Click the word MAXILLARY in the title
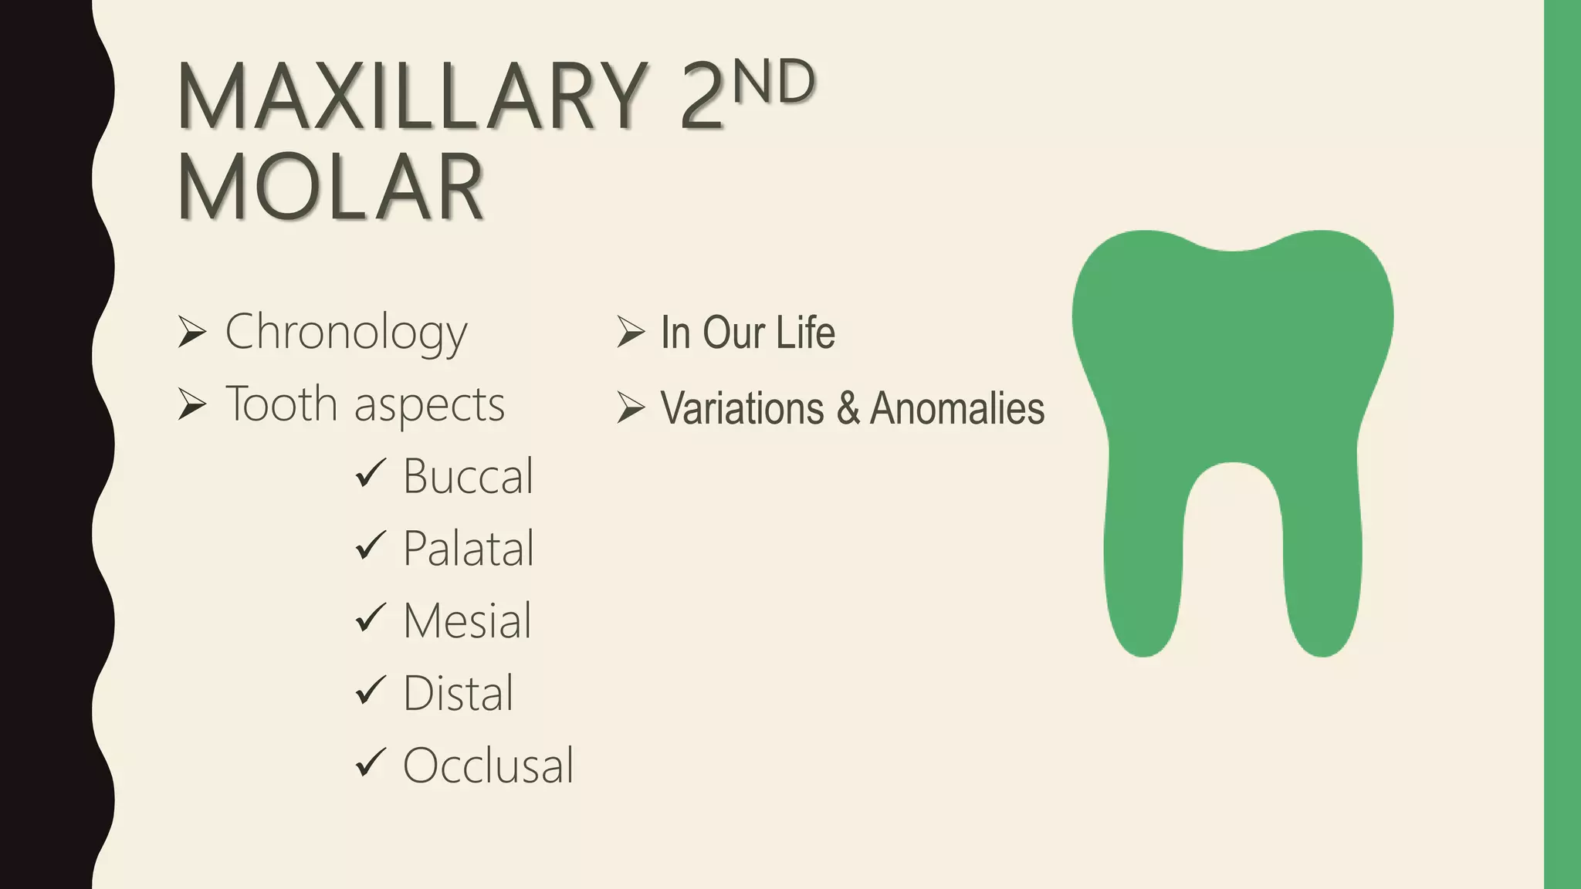(412, 97)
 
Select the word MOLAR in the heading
(330, 188)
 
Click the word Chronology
(346, 333)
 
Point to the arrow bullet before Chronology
(191, 332)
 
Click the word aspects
(429, 405)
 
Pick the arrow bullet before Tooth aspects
(191, 404)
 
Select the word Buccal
(468, 476)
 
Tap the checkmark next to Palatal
(371, 546)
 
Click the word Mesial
(467, 620)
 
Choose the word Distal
(458, 693)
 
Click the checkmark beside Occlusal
(371, 762)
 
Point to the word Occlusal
(488, 766)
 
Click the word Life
(805, 333)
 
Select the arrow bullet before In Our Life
(631, 332)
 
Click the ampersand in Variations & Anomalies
(848, 408)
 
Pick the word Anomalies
(957, 408)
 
